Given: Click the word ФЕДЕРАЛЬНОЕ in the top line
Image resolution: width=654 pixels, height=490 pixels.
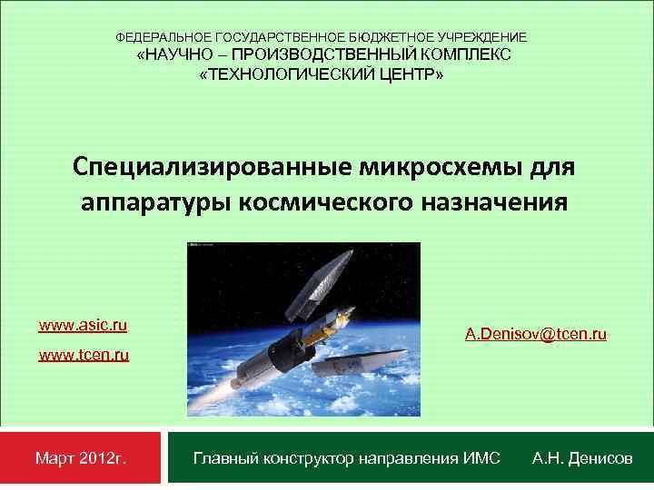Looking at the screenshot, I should point(163,37).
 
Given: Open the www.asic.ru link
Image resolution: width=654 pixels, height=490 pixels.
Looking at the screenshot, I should point(83,325).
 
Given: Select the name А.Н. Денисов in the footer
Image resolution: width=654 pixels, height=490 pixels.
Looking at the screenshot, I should point(582,459).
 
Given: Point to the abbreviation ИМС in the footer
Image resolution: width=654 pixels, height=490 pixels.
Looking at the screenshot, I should point(481,459).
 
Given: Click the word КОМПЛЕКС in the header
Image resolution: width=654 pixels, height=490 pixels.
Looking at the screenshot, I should point(471,55).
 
